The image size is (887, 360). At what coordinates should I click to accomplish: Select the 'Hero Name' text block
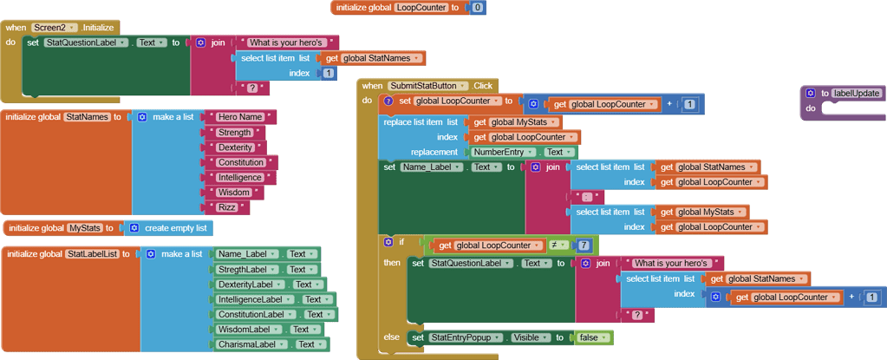pyautogui.click(x=239, y=117)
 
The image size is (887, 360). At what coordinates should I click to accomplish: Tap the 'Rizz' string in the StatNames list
pyautogui.click(x=228, y=207)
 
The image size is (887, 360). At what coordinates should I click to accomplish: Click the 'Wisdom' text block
pyautogui.click(x=234, y=193)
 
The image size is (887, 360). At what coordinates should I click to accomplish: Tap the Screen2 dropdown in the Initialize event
pyautogui.click(x=55, y=28)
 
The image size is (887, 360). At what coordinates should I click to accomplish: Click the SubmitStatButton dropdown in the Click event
pyautogui.click(x=428, y=86)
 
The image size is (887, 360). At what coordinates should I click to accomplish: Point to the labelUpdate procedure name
pyautogui.click(x=857, y=93)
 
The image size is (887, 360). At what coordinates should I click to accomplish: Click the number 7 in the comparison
pyautogui.click(x=585, y=245)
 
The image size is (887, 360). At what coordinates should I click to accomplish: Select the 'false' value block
pyautogui.click(x=594, y=337)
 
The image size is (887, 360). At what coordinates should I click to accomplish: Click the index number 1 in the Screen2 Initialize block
pyautogui.click(x=328, y=74)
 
